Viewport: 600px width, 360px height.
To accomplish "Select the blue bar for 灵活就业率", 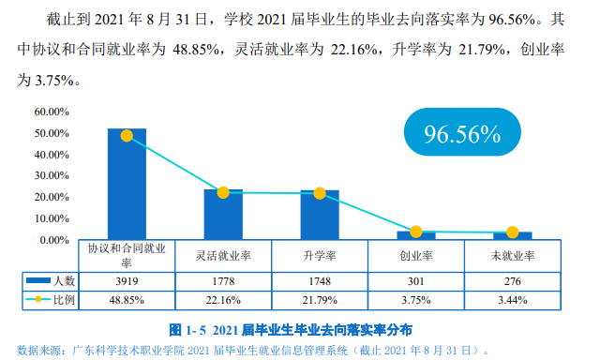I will [223, 215].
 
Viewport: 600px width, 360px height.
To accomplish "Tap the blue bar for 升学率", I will [320, 216].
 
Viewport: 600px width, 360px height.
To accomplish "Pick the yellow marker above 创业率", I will [416, 232].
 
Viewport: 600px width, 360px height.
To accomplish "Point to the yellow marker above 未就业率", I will [513, 232].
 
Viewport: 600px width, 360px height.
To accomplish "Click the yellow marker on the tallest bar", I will [127, 135].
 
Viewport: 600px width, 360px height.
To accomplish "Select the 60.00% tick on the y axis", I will [52, 111].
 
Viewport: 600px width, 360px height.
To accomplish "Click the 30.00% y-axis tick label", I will [52, 175].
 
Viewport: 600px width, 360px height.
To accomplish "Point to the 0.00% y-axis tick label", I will [54, 240].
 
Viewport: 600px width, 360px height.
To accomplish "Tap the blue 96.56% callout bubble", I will [462, 133].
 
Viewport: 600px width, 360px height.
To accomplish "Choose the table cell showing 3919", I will [127, 280].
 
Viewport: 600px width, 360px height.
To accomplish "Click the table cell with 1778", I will [223, 280].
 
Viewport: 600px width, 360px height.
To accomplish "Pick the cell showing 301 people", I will [416, 280].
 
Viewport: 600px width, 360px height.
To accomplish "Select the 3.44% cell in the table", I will [513, 300].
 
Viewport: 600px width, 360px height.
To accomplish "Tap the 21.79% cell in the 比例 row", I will [320, 300].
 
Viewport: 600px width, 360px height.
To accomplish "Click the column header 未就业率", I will [513, 255].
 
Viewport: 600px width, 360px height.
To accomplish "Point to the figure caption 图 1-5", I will [291, 330].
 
